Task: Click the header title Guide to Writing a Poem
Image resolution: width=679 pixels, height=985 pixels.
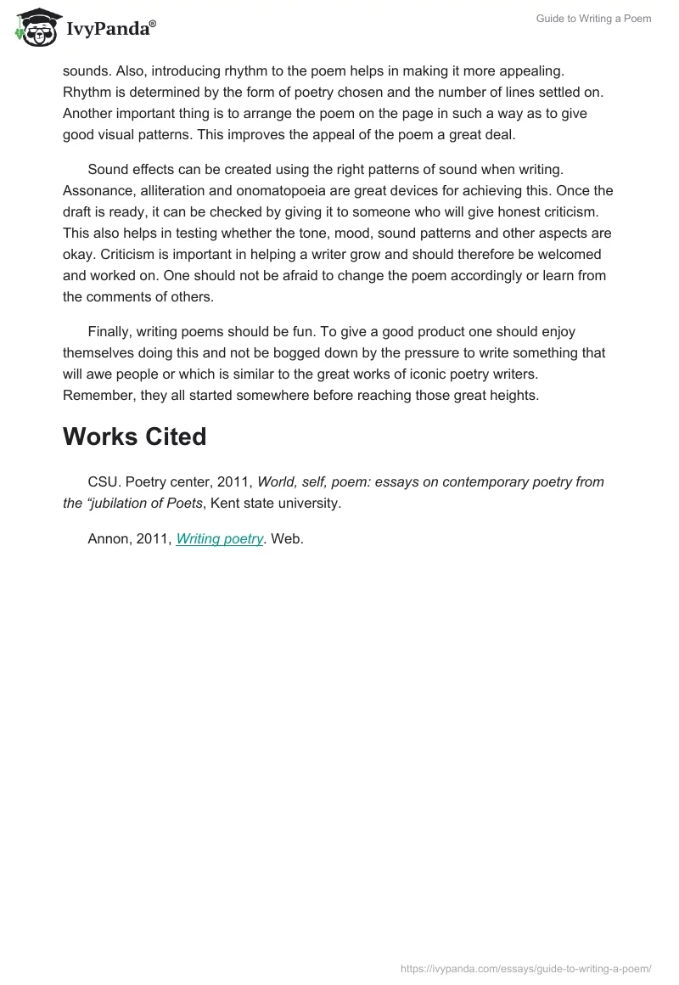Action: tap(593, 19)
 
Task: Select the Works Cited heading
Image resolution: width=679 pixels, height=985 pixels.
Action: tap(135, 436)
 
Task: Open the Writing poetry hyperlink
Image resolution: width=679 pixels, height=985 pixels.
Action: tap(220, 538)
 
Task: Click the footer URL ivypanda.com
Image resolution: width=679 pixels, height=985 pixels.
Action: tap(525, 968)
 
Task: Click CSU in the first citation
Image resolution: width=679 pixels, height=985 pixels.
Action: tap(104, 481)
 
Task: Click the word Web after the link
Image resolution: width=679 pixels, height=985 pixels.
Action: tap(287, 538)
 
